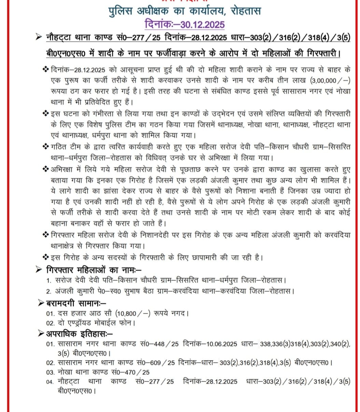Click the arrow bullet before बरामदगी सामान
pos(40,303)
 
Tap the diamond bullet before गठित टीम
pos(45,147)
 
